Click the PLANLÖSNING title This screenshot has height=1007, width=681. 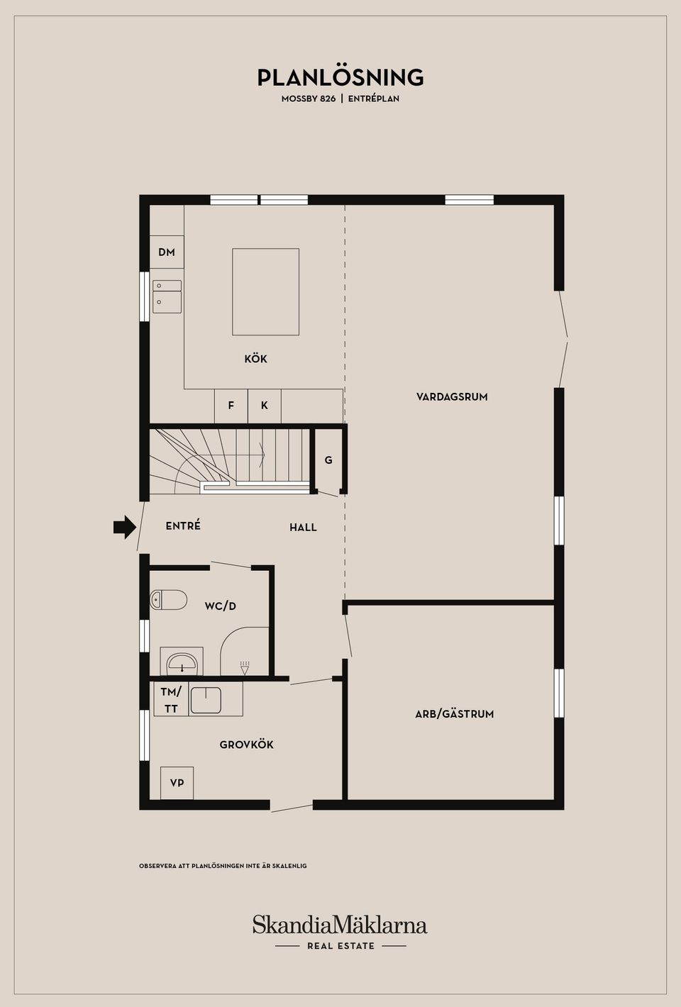click(x=340, y=77)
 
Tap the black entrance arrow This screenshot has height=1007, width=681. click(x=125, y=527)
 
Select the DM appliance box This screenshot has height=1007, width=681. click(x=167, y=252)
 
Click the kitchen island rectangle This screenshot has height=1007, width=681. click(x=265, y=291)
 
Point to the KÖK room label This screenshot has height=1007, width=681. click(x=255, y=360)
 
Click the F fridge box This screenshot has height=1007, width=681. click(x=231, y=406)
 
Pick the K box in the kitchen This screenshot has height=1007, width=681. click(x=265, y=406)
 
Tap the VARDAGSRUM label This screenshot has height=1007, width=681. click(x=452, y=397)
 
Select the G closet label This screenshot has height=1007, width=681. click(x=328, y=461)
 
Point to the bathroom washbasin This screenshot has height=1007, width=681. click(x=182, y=663)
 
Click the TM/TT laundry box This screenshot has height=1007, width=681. click(x=171, y=700)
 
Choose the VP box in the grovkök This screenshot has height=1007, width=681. click(x=177, y=783)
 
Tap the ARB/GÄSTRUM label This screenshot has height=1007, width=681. click(x=454, y=714)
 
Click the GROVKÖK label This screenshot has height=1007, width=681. click(x=246, y=745)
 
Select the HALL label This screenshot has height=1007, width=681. click(x=303, y=528)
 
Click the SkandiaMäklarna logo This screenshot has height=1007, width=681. click(x=340, y=925)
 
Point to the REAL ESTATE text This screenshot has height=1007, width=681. click(x=340, y=946)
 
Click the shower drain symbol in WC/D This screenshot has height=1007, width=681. click(x=245, y=667)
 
